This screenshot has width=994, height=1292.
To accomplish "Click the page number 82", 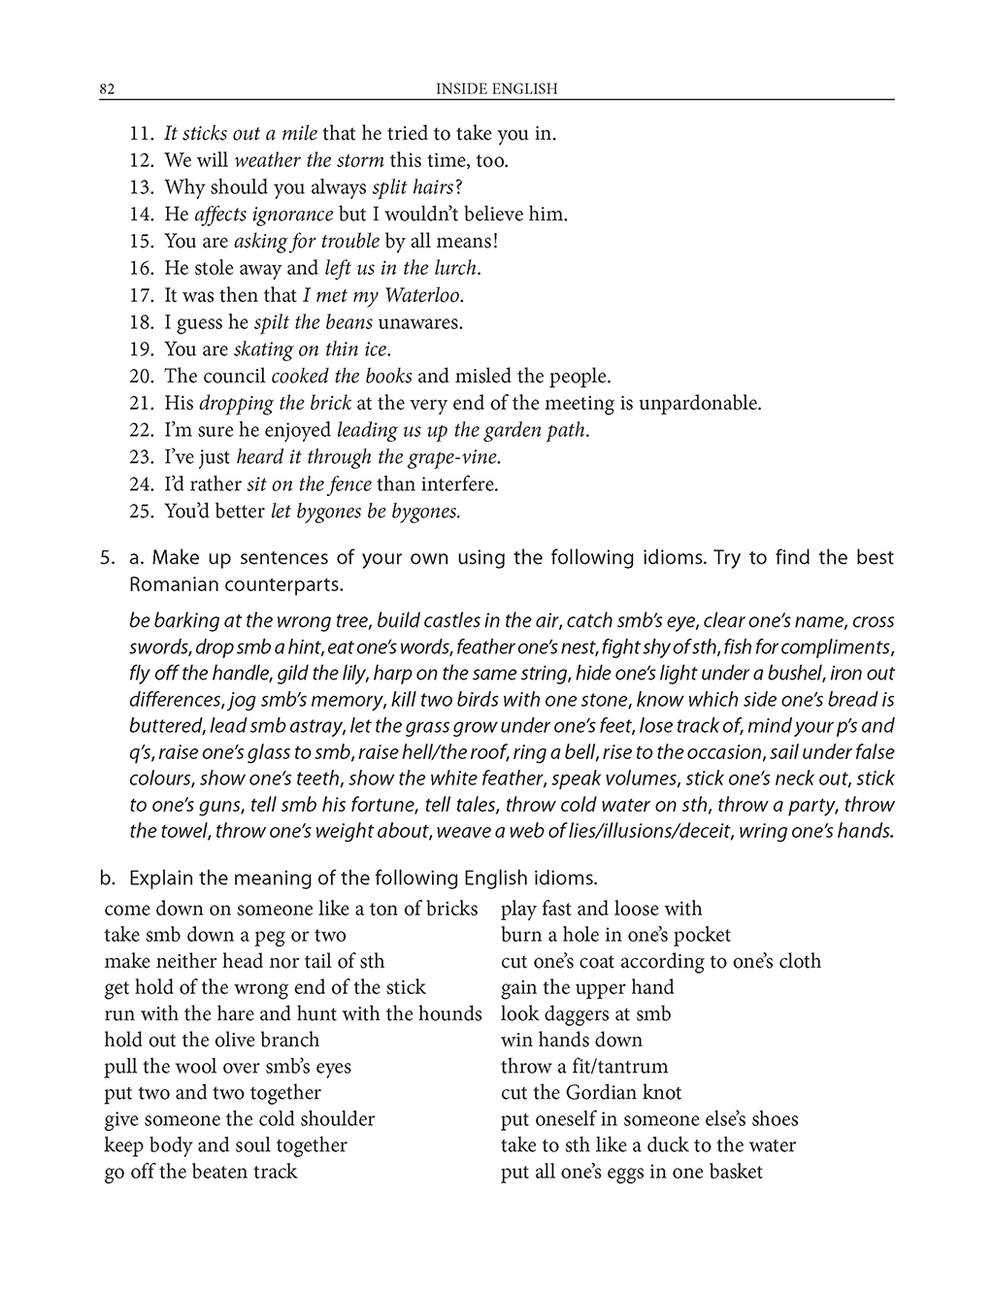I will coord(108,89).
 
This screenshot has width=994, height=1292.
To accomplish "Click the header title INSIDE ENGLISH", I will coord(496,89).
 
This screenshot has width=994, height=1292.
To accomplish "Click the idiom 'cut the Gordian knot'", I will coord(591,1093).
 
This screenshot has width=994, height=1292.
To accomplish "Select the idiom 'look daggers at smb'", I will coord(585,1014).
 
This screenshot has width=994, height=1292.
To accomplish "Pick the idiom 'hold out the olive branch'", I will coord(212,1041).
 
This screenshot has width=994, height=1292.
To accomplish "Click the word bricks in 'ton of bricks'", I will coord(449,910).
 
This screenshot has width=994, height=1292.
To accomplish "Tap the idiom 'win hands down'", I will coord(571,1041).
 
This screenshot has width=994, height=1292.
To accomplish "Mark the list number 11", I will coord(141,134).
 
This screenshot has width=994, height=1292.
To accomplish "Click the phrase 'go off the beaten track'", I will coord(200,1172).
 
